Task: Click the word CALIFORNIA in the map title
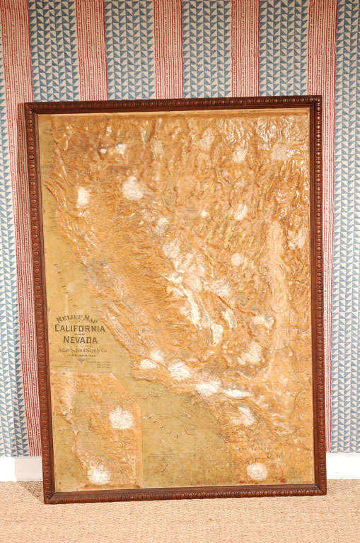click(81, 329)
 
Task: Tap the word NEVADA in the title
click(81, 340)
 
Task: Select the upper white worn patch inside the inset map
click(121, 418)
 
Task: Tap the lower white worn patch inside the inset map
click(99, 474)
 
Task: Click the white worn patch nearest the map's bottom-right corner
click(257, 471)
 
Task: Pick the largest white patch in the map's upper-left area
click(132, 187)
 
